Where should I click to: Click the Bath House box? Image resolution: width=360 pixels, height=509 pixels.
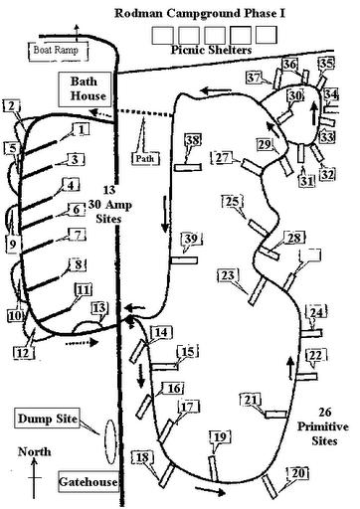pos(85,88)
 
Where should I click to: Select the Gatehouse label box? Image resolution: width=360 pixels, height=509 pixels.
pos(89,481)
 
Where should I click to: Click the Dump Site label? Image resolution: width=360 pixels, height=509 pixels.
pos(48,419)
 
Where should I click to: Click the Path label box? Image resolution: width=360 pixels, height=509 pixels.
pos(145,158)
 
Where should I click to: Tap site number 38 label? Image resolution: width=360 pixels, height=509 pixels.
pos(193,140)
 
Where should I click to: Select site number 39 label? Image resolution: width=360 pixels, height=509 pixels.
pos(192,239)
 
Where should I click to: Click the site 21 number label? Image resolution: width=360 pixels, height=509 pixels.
pos(251,400)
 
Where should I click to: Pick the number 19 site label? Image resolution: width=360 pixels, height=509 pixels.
pos(220,437)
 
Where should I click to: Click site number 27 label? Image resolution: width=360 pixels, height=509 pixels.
pos(222,157)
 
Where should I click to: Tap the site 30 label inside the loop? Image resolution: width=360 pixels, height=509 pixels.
pos(295,95)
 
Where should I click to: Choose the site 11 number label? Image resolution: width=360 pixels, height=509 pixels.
pos(84,290)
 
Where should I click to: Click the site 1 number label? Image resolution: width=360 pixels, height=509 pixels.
pos(82,129)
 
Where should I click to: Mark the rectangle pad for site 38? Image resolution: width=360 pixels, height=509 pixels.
pos(188,167)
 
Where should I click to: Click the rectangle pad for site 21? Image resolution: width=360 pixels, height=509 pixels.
pos(275,415)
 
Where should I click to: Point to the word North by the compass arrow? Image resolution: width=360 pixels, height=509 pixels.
pos(35,452)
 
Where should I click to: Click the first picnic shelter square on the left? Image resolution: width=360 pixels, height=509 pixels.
pos(162,36)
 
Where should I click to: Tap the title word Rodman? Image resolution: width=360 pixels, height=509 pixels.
pos(139,14)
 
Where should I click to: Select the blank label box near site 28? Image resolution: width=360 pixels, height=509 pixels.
pos(310,255)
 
